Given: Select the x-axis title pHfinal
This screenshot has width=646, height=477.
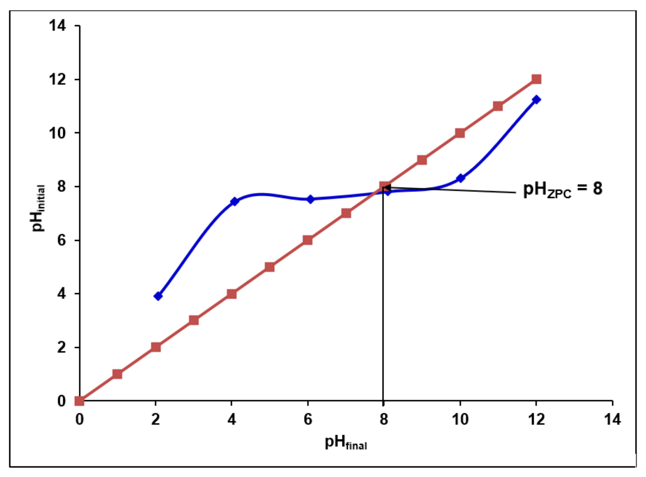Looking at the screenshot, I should coord(346,443).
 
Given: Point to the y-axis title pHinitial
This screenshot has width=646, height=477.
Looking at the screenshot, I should coord(38,208).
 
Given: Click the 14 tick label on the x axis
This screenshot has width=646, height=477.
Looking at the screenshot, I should coord(612,419).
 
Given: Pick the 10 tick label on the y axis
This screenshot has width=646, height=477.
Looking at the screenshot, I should coord(58,133).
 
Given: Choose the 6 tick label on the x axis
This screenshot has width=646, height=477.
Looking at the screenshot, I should coord(308,419).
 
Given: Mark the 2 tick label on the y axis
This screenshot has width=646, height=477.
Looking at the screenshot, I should coord(61,347).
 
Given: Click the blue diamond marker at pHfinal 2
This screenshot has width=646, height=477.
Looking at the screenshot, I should coord(158,296).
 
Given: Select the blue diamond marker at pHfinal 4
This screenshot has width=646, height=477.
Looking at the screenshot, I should coord(234,201).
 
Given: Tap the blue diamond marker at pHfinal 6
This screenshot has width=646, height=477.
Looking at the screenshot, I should coord(310,199).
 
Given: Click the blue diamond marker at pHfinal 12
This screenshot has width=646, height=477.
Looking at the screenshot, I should coord(537,100).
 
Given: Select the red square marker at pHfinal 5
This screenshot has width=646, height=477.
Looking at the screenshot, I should coord(270,267).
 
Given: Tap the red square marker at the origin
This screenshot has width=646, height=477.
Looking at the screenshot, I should coord(79,401).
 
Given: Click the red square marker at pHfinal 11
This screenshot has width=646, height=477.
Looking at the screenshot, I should coord(498,106).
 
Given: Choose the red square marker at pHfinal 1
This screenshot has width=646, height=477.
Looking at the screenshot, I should coord(117,374).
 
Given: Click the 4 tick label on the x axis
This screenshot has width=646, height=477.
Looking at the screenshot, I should coord(231,419).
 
